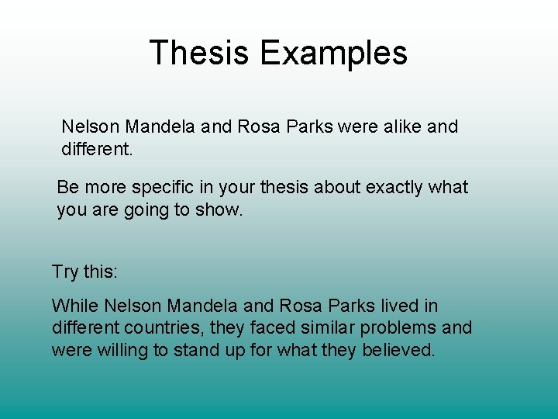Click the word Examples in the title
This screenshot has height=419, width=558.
tap(334, 54)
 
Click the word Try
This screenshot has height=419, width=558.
tap(65, 272)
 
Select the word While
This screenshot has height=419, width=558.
tap(74, 306)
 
